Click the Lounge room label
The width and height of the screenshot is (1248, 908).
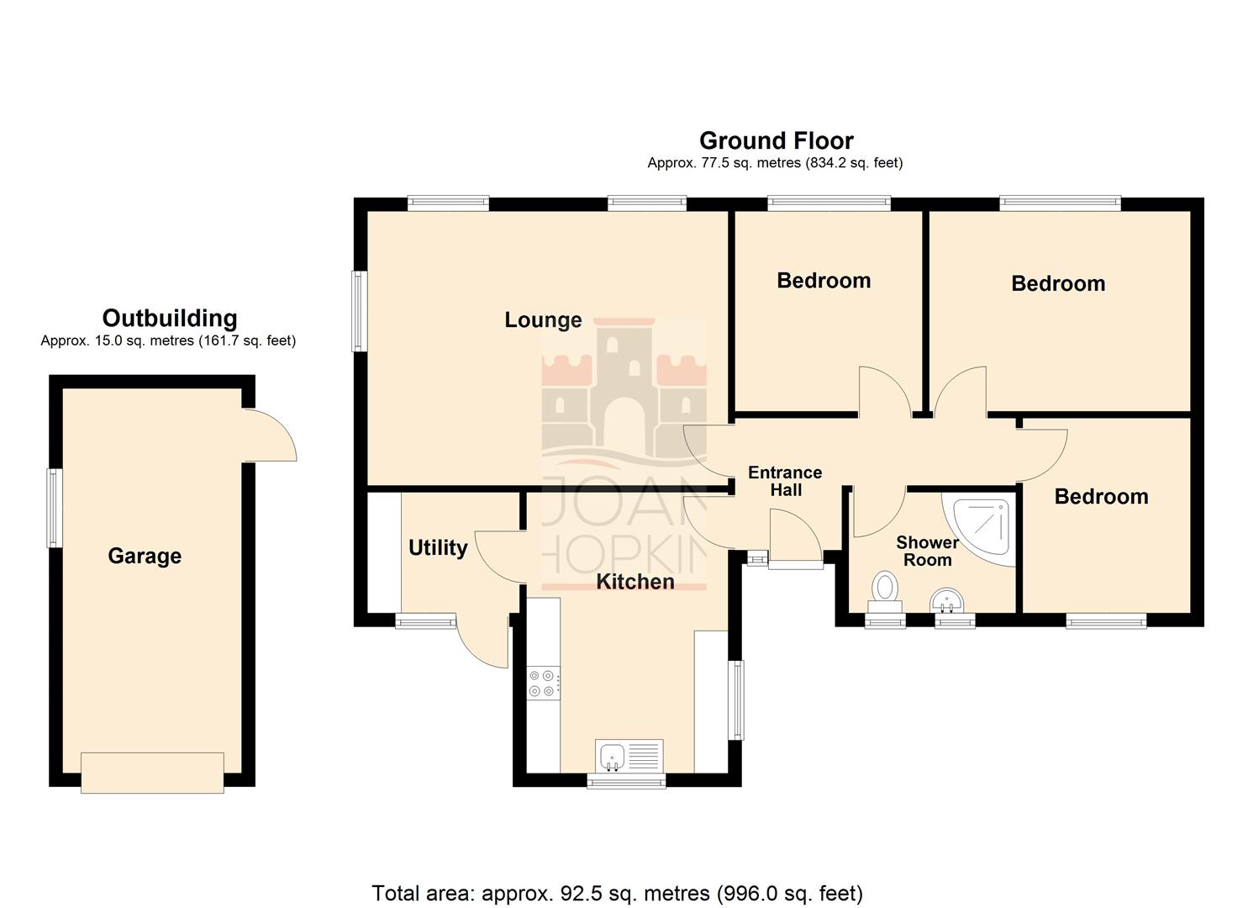pos(543,320)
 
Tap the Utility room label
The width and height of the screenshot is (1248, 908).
pos(437,548)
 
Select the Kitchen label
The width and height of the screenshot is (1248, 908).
pos(635,582)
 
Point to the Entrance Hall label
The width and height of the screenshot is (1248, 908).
pos(785,482)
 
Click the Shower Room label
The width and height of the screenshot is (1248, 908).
pos(927,552)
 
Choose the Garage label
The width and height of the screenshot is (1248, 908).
pos(145,557)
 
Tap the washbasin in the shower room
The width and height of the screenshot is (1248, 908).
pos(947,601)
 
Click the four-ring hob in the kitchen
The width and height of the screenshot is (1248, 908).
pos(542,683)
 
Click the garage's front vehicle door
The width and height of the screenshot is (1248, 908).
pos(152,772)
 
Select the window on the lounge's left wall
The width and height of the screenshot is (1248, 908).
pos(359,310)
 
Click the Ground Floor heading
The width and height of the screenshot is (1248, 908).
pos(776,140)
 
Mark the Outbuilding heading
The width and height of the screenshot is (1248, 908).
pos(170,319)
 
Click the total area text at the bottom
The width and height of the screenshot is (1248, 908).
pos(617,893)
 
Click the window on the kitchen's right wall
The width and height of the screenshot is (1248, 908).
pos(736,699)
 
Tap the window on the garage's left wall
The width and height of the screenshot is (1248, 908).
pos(55,507)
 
